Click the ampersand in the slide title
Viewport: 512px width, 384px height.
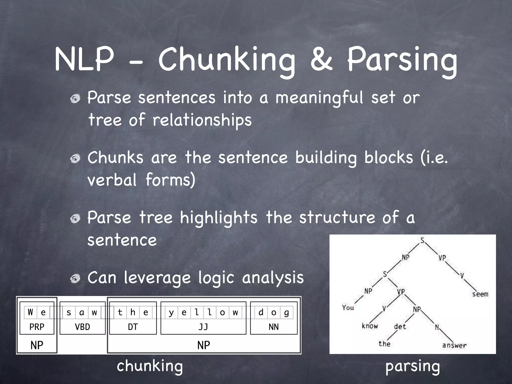(321, 59)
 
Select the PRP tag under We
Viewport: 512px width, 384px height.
(37, 327)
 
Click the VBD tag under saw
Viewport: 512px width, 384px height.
(82, 327)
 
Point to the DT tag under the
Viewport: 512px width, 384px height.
(133, 327)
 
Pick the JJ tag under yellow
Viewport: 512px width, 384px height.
(203, 327)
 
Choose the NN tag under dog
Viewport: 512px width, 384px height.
(273, 327)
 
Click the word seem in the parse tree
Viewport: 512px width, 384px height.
(480, 294)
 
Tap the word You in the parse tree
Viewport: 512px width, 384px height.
(348, 307)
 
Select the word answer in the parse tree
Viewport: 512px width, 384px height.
(454, 345)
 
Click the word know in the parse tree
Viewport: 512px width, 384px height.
(369, 326)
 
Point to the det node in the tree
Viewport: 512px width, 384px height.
(400, 326)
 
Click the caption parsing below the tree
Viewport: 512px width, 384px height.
(412, 366)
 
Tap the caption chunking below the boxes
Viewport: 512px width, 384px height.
(150, 366)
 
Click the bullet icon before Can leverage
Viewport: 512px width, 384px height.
(75, 278)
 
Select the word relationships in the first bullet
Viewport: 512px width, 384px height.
(202, 120)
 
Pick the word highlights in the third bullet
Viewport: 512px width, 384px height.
(218, 217)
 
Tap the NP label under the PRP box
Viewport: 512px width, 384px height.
(37, 345)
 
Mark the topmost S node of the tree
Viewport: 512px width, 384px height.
(422, 240)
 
